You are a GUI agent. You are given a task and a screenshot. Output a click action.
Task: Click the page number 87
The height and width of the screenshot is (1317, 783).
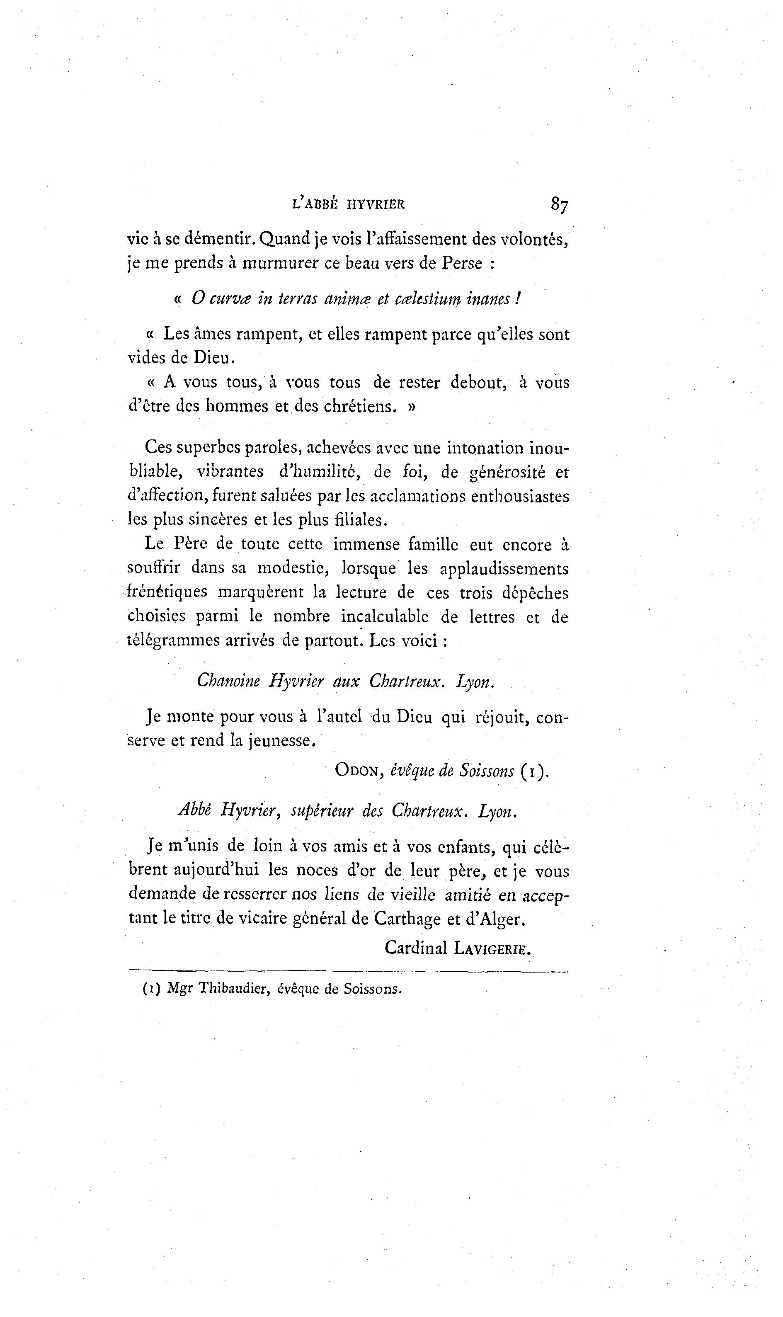tap(559, 204)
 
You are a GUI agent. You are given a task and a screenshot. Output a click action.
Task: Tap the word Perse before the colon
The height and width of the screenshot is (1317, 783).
tap(462, 263)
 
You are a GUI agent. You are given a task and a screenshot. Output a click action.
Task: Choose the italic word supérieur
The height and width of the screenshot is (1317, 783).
tap(321, 811)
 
